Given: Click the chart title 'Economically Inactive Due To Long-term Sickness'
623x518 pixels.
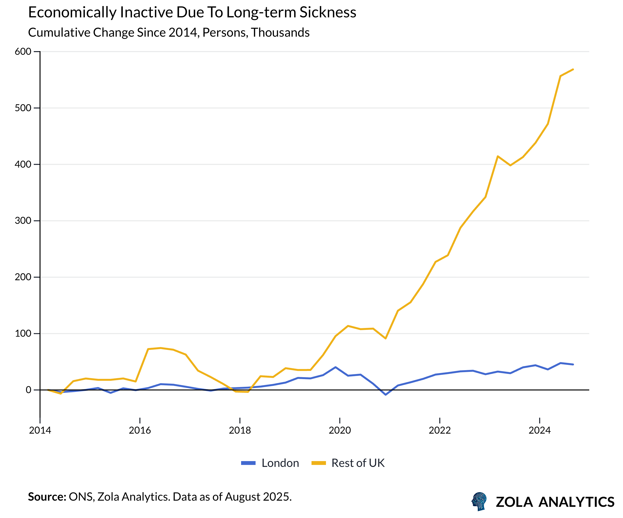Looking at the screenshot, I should coord(192,13).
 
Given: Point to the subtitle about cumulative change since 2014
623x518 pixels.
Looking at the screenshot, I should coord(169,33).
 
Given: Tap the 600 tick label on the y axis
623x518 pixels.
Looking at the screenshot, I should coord(23,52).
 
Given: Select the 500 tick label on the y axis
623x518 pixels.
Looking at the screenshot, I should coord(23,108).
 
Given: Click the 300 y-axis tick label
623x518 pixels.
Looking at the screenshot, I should coord(23,221).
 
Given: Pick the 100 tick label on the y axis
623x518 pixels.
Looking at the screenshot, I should coord(23,334).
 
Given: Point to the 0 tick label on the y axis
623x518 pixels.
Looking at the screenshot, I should coord(28,390).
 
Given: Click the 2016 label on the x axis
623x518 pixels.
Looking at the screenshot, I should coord(140,430).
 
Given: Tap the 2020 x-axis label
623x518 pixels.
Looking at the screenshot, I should coord(340,430).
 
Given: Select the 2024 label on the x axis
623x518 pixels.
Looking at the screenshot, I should coord(539,430).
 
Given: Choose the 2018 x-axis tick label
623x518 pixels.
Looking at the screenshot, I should coord(240,430).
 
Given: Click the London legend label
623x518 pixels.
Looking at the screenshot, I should coord(280,463).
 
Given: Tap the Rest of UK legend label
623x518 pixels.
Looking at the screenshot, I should coord(358,463).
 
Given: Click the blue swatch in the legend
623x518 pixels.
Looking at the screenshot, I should coord(248,463).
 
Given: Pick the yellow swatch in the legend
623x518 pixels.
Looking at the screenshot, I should coord(319,463).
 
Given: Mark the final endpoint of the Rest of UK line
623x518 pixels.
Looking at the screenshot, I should coord(573,69).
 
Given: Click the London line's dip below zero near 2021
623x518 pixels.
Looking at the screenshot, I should coord(385,395).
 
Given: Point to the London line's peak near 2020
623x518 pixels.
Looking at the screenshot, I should coord(335,367).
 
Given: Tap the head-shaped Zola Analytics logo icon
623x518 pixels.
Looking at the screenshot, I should coord(479,501).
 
